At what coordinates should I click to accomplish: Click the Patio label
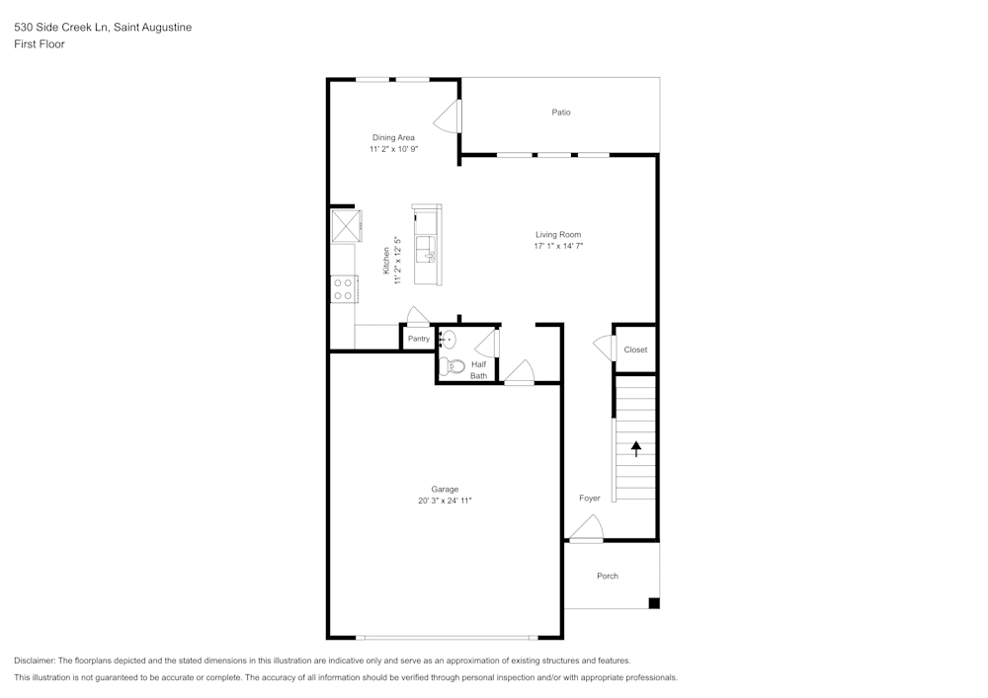tap(560, 113)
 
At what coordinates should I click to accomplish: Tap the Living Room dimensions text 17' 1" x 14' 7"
tap(558, 247)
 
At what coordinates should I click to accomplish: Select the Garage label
tap(445, 489)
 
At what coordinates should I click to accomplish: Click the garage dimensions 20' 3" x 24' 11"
tap(445, 502)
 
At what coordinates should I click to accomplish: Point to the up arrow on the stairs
tap(636, 447)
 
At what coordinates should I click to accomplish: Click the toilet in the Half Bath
tap(454, 366)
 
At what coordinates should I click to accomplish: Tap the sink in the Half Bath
tap(447, 340)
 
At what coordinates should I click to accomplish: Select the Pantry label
tap(419, 339)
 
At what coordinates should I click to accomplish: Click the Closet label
tap(635, 349)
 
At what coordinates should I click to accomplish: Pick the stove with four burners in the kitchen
tap(343, 289)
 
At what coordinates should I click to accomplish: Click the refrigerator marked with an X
tap(344, 225)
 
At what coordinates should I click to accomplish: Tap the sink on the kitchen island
tap(427, 247)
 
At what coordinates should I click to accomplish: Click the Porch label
tap(607, 576)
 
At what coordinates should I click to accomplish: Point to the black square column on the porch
tap(653, 603)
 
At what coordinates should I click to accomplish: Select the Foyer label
tap(589, 499)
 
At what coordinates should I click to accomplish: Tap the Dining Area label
tap(393, 137)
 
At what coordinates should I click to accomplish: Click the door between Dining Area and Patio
tap(452, 116)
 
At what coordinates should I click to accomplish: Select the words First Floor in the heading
tap(40, 44)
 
